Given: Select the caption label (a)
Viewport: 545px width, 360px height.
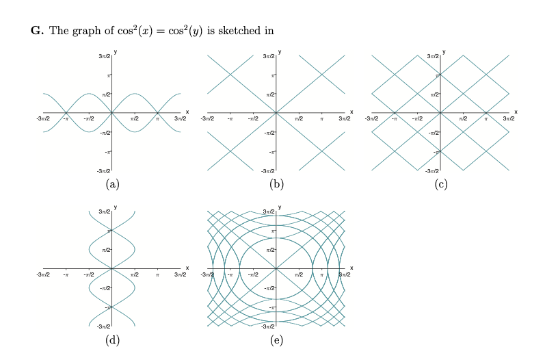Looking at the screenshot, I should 112,183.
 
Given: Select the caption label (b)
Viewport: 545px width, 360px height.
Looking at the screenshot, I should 276,183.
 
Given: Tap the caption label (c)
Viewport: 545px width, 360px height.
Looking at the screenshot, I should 441,183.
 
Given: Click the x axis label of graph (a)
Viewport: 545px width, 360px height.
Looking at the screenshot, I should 187,111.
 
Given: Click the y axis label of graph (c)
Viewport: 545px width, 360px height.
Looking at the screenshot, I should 445,51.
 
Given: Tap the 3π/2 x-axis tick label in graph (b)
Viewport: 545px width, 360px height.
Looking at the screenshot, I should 345,119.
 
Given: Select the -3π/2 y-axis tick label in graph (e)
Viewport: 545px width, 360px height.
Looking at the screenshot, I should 267,326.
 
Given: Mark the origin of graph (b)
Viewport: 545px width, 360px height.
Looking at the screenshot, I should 276,112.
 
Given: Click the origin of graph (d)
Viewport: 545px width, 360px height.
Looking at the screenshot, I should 112,268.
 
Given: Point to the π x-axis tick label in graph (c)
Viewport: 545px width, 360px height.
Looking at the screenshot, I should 486,119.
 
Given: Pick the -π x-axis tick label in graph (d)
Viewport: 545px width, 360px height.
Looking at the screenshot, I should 66,275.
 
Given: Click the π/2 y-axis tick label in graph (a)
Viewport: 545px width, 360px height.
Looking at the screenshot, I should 106,94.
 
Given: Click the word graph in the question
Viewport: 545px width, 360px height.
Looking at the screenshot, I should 72,31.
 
